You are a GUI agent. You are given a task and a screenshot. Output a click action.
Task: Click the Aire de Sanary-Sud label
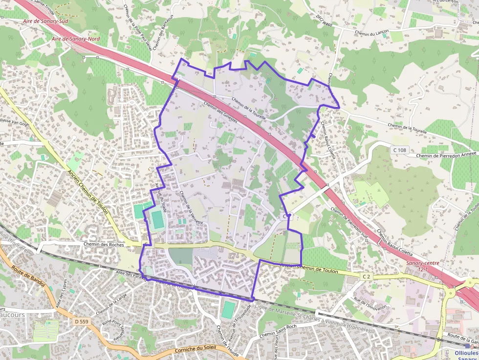[x=45, y=22]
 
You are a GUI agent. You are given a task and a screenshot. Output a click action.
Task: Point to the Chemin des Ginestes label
[x=220, y=112]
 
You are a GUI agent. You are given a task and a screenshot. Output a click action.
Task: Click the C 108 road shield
[x=399, y=150]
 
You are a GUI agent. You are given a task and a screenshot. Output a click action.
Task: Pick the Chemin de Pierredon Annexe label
[x=446, y=156]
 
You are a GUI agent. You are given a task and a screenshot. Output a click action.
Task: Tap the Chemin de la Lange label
[x=111, y=303]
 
